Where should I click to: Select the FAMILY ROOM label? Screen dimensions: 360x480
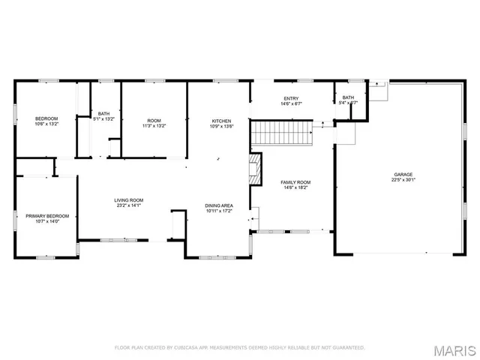[x=295, y=182]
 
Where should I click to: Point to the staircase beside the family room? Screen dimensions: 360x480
[x=281, y=134]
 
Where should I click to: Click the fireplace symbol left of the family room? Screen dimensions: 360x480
[x=256, y=169]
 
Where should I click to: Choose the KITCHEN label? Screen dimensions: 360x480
[x=220, y=121]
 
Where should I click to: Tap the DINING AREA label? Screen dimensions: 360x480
[x=219, y=205]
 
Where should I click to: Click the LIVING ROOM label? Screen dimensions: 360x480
[x=128, y=200]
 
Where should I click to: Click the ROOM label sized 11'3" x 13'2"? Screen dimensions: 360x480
[x=154, y=121]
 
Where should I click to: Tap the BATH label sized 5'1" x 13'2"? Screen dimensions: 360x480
[x=103, y=113]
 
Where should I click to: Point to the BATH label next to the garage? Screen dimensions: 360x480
[x=348, y=97]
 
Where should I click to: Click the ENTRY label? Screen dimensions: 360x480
[x=291, y=98]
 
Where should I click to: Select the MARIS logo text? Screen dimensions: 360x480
[x=454, y=350]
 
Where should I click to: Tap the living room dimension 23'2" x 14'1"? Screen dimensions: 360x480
[x=128, y=205]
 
